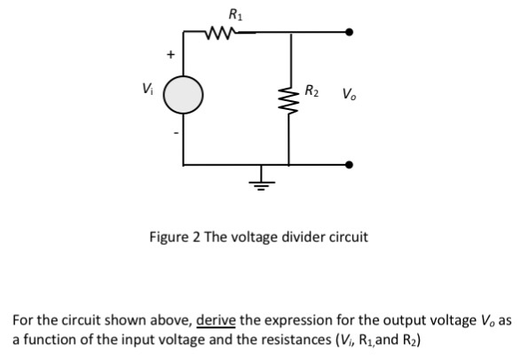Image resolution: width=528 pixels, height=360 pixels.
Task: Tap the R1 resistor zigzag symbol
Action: pyautogui.click(x=218, y=34)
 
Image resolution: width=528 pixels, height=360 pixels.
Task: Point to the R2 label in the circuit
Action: pyautogui.click(x=313, y=90)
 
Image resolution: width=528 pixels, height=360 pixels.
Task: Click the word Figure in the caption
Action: pyautogui.click(x=169, y=238)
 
